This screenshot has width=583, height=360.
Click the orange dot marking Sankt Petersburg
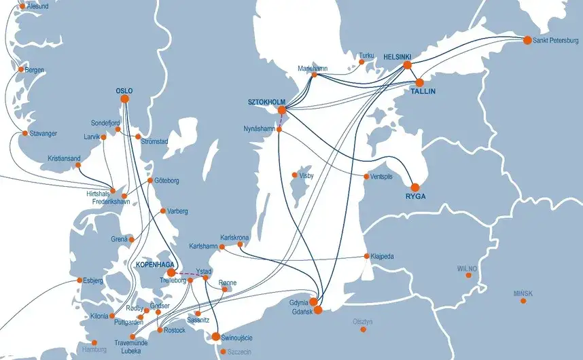click(527, 40)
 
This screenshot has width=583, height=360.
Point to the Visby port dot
click(295, 175)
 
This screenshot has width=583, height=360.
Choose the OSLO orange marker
click(124, 99)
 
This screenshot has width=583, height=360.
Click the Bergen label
click(35, 70)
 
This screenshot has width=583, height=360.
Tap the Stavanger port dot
click(25, 133)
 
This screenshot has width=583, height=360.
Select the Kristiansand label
click(64, 158)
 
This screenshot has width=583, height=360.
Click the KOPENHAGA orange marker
click(171, 272)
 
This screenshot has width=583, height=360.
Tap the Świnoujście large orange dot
click(216, 336)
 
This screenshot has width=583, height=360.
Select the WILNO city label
click(467, 268)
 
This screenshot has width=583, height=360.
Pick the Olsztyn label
click(364, 321)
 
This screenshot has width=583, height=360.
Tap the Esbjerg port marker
click(80, 280)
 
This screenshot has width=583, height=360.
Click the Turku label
click(367, 55)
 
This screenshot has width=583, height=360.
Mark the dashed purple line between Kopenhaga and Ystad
click(189, 275)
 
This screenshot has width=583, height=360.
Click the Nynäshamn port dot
click(279, 128)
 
